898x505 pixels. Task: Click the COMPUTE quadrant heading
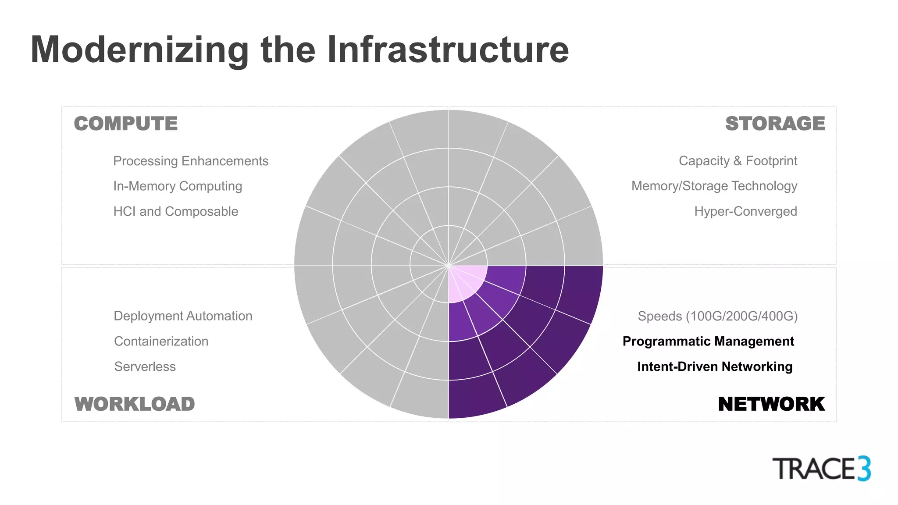pyautogui.click(x=126, y=124)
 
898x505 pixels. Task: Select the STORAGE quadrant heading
pyautogui.click(x=775, y=124)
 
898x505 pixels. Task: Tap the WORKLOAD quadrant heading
pyautogui.click(x=135, y=404)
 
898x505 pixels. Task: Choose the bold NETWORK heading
pyautogui.click(x=771, y=404)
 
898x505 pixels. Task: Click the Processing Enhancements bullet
pyautogui.click(x=191, y=161)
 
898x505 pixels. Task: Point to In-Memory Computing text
pyautogui.click(x=178, y=186)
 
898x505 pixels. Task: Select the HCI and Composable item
pyautogui.click(x=176, y=211)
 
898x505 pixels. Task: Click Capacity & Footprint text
pyautogui.click(x=738, y=161)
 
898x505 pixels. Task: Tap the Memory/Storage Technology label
pyautogui.click(x=714, y=186)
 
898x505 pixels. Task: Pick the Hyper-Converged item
pyautogui.click(x=745, y=211)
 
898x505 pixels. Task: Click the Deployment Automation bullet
pyautogui.click(x=183, y=316)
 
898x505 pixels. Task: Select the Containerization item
pyautogui.click(x=161, y=341)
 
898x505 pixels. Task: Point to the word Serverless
pyautogui.click(x=145, y=366)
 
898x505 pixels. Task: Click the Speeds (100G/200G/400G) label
pyautogui.click(x=718, y=316)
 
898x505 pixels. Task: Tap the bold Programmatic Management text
pyautogui.click(x=708, y=341)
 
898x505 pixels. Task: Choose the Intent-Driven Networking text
pyautogui.click(x=715, y=366)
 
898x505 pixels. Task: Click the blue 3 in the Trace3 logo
pyautogui.click(x=864, y=469)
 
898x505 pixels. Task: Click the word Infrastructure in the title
pyautogui.click(x=448, y=50)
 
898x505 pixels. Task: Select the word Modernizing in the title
pyautogui.click(x=140, y=50)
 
